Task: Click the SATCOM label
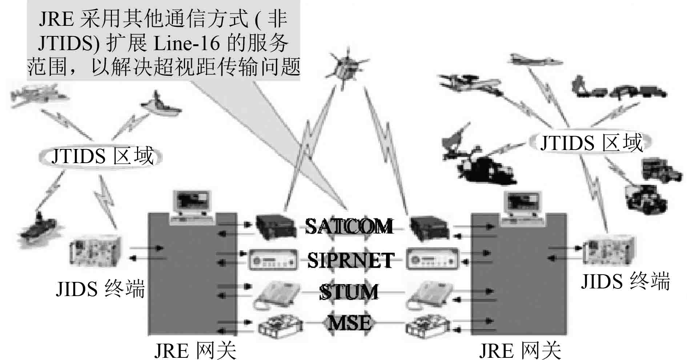[x=349, y=226]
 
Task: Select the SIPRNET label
[x=350, y=260]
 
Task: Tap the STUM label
[x=349, y=292]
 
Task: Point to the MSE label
[x=350, y=323]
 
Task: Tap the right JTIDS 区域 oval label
[x=591, y=142]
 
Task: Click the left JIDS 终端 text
[x=100, y=289]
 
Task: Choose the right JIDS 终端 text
[x=625, y=282]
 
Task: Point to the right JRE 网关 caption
[x=520, y=350]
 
